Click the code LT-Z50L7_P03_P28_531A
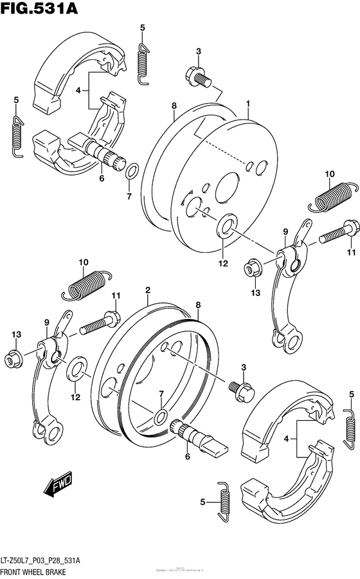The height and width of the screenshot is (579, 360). pyautogui.click(x=44, y=560)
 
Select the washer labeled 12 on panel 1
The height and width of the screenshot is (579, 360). pyautogui.click(x=227, y=226)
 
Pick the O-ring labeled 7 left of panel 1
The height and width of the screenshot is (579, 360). pyautogui.click(x=130, y=172)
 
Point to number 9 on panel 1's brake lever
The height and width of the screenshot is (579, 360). pyautogui.click(x=285, y=231)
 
